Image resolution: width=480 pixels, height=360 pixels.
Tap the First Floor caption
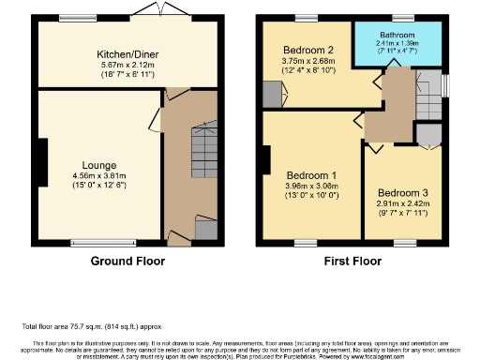[x=353, y=262]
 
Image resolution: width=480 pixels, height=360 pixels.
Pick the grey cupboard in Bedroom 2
[x=273, y=94]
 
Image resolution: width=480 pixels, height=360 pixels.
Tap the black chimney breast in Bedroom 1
[x=266, y=161]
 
